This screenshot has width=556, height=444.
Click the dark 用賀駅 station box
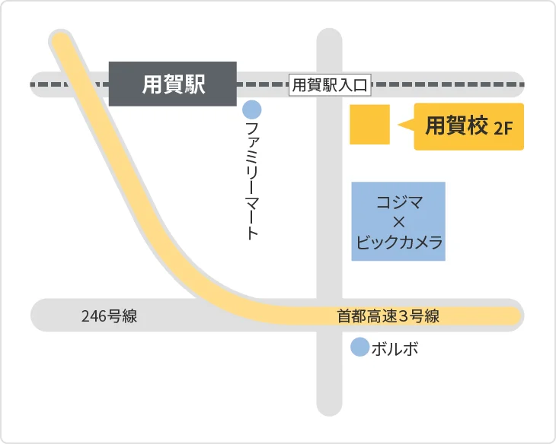pyautogui.click(x=173, y=84)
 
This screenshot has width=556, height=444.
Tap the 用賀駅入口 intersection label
pyautogui.click(x=331, y=85)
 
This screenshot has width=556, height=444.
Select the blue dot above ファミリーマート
pyautogui.click(x=252, y=110)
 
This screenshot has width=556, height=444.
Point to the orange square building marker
pyautogui.click(x=369, y=125)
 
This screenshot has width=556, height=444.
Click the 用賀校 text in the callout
pyautogui.click(x=456, y=126)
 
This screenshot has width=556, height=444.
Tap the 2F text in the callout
pyautogui.click(x=503, y=128)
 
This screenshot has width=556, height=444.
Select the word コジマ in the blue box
pyautogui.click(x=399, y=203)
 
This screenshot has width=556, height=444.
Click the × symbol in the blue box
pyautogui.click(x=398, y=223)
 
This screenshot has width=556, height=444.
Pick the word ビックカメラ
pyautogui.click(x=399, y=243)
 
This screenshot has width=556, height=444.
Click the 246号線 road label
pyautogui.click(x=109, y=316)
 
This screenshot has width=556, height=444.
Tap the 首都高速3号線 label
pyautogui.click(x=388, y=316)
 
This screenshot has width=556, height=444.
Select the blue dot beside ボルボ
pyautogui.click(x=359, y=348)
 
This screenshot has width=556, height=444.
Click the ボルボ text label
pyautogui.click(x=395, y=349)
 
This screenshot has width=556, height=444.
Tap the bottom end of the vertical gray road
pyautogui.click(x=329, y=407)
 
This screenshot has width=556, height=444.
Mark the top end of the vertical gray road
pyautogui.click(x=329, y=38)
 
